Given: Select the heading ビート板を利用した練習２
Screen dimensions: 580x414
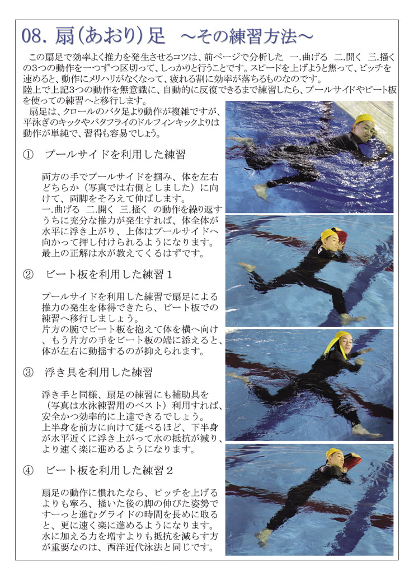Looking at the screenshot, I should click(109, 470).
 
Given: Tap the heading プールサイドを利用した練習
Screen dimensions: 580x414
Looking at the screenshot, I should click(115, 154).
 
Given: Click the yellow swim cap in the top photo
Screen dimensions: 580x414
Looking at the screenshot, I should click(364, 119).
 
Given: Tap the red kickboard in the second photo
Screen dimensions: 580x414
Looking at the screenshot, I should click(341, 236).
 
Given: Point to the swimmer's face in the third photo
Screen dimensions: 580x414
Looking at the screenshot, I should click(342, 340).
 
